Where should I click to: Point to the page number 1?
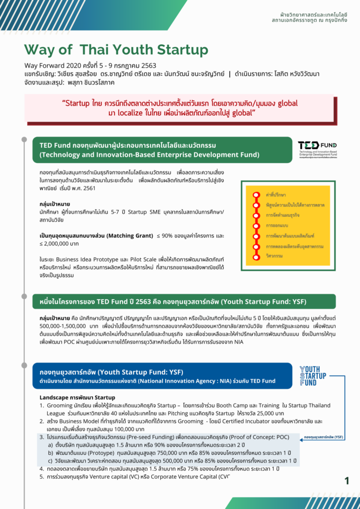point(347,480)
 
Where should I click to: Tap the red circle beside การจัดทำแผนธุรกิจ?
point(257,216)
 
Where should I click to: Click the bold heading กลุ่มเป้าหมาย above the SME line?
point(55,204)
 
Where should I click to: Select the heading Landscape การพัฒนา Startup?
point(77,398)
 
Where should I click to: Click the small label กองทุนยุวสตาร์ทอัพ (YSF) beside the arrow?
point(324,437)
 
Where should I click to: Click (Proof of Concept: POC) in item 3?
point(254,437)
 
